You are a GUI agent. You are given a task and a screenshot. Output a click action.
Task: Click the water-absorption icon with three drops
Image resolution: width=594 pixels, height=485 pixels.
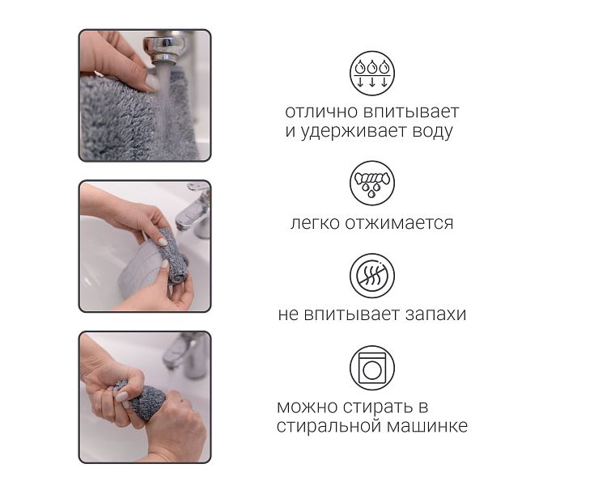pyautogui.click(x=371, y=74)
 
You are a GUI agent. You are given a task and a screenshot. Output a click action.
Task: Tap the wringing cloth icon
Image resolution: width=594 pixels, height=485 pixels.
pyautogui.click(x=371, y=183)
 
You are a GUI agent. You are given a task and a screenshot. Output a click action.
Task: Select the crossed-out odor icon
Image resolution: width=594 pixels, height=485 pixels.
pyautogui.click(x=371, y=276)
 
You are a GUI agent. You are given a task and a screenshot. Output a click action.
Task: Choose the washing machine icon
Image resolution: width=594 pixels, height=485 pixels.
pyautogui.click(x=371, y=368)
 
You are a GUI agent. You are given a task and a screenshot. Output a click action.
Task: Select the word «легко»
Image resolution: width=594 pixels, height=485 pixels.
pyautogui.click(x=315, y=223)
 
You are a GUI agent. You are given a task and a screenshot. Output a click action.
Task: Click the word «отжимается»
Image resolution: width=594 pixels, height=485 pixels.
pyautogui.click(x=399, y=223)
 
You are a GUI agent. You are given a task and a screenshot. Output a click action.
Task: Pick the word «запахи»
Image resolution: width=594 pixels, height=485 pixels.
pyautogui.click(x=435, y=314)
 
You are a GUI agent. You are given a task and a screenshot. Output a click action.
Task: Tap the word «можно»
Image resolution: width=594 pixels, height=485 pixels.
pyautogui.click(x=308, y=407)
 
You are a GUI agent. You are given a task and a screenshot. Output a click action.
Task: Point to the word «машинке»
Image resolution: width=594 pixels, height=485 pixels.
pyautogui.click(x=427, y=427)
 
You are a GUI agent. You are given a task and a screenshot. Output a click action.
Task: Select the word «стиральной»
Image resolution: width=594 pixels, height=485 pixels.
pyautogui.click(x=329, y=427)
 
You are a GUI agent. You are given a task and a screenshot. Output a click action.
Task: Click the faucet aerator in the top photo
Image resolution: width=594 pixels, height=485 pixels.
pyautogui.click(x=163, y=49)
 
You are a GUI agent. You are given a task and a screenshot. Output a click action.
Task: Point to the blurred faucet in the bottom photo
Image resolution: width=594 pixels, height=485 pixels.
pyautogui.click(x=186, y=354)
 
